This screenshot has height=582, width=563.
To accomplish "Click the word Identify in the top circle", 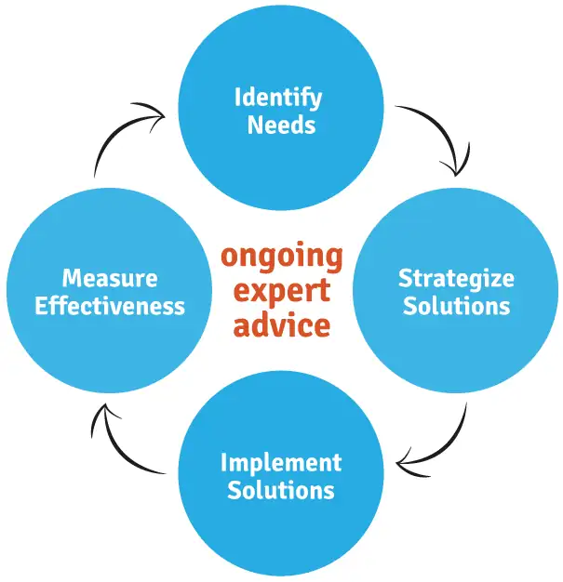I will pyautogui.click(x=277, y=96).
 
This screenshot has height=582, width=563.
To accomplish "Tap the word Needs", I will pyautogui.click(x=281, y=124).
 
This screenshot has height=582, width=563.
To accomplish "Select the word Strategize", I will pyautogui.click(x=456, y=277).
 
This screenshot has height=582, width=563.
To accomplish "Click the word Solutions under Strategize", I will pyautogui.click(x=456, y=305).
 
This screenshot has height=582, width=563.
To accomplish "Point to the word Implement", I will pyautogui.click(x=281, y=462).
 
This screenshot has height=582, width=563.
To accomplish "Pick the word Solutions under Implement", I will pyautogui.click(x=281, y=489).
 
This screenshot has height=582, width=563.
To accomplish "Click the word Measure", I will pyautogui.click(x=109, y=277).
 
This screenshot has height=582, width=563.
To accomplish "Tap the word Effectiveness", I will pyautogui.click(x=109, y=305).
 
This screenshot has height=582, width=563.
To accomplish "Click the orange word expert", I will pyautogui.click(x=281, y=290).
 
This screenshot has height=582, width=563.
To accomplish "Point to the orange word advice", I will pyautogui.click(x=281, y=324).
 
